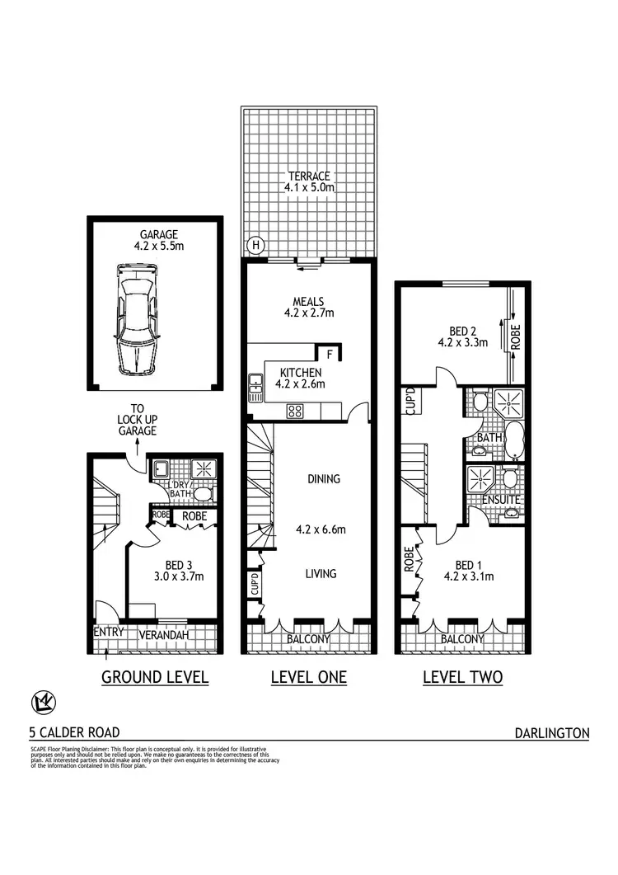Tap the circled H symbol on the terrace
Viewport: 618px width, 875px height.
pyautogui.click(x=256, y=245)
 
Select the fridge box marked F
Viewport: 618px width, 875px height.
pyautogui.click(x=330, y=355)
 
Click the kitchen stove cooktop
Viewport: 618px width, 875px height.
pyautogui.click(x=295, y=410)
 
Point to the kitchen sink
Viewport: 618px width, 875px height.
pyautogui.click(x=255, y=387)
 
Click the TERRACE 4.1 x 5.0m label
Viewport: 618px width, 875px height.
pyautogui.click(x=309, y=181)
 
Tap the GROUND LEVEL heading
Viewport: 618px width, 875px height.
pyautogui.click(x=154, y=678)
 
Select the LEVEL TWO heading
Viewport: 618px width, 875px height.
pyautogui.click(x=462, y=678)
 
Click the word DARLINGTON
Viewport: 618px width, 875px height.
pyautogui.click(x=551, y=732)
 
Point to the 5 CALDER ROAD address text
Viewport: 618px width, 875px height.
pyautogui.click(x=74, y=732)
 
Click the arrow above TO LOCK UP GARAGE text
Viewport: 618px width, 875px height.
pyautogui.click(x=136, y=445)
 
